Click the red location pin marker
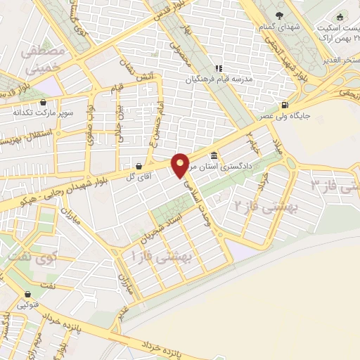[x=181, y=165]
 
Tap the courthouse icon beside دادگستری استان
[x=213, y=156]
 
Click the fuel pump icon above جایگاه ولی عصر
[x=284, y=105]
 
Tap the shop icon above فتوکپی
[x=28, y=294]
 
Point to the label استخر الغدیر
[x=340, y=61]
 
